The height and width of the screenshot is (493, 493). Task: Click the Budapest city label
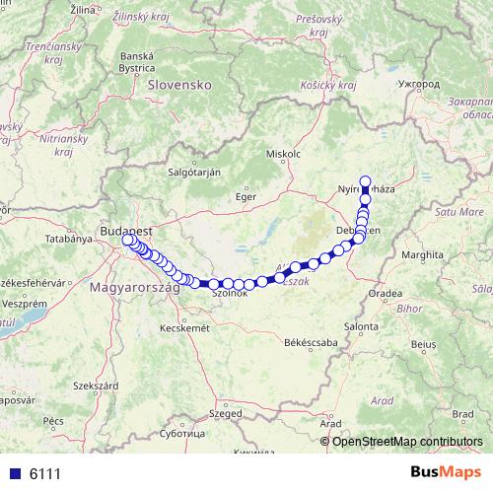pos(125,231)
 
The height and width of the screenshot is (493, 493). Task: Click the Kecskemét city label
pos(185,327)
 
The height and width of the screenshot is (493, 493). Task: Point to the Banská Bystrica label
pos(136,62)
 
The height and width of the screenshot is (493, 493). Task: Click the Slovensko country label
pos(180,85)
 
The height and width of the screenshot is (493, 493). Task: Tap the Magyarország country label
pos(134,288)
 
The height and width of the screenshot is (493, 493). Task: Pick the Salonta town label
pos(362,325)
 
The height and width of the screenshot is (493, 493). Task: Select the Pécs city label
pos(53,421)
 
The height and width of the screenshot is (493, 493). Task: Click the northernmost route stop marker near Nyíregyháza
pos(365,180)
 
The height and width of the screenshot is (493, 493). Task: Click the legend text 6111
pos(44,473)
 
